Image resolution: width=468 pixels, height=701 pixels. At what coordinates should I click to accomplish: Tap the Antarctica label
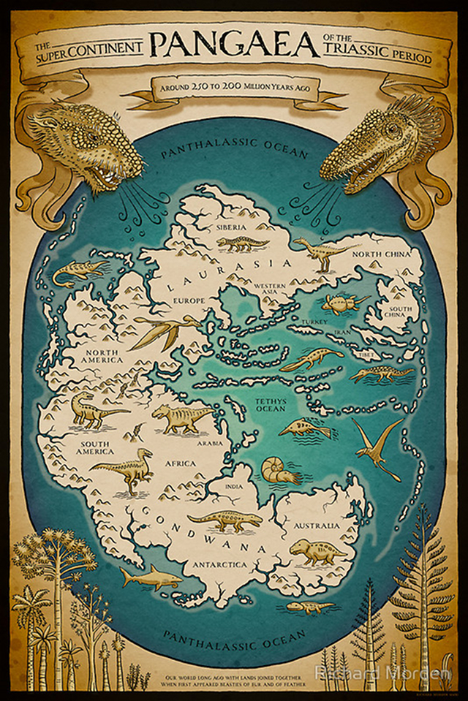(219, 565)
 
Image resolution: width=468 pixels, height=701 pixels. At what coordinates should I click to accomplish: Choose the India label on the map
(233, 487)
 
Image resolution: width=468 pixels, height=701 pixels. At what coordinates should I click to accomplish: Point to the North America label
(86, 357)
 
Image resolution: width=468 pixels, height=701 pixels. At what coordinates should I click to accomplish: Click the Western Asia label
(268, 289)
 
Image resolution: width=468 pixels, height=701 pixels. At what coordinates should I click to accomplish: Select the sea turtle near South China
(342, 304)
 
